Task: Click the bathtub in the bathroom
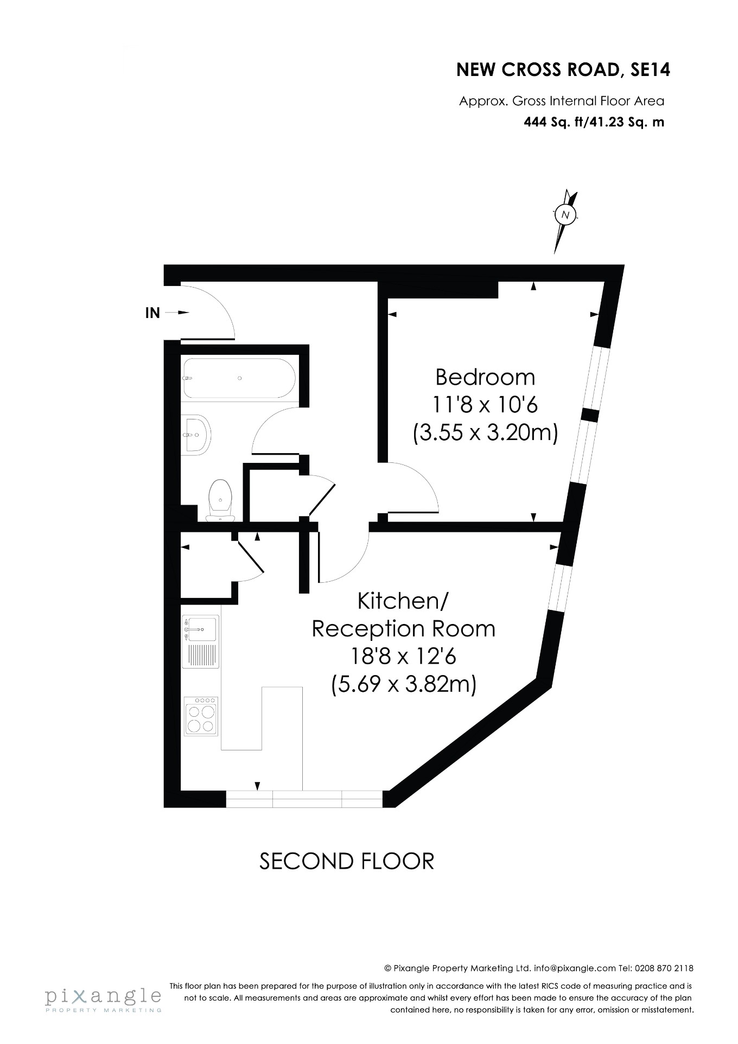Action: pos(239,378)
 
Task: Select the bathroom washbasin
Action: pos(196,435)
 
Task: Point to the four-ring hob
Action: pos(201,716)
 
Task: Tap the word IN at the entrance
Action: pos(152,313)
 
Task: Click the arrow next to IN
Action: pos(176,313)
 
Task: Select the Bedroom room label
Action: pos(485,377)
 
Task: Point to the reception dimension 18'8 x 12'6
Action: pos(403,657)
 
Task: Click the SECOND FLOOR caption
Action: pos(347,861)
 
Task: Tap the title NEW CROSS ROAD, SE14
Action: pos(563,70)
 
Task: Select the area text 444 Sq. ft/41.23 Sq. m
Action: pos(594,122)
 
